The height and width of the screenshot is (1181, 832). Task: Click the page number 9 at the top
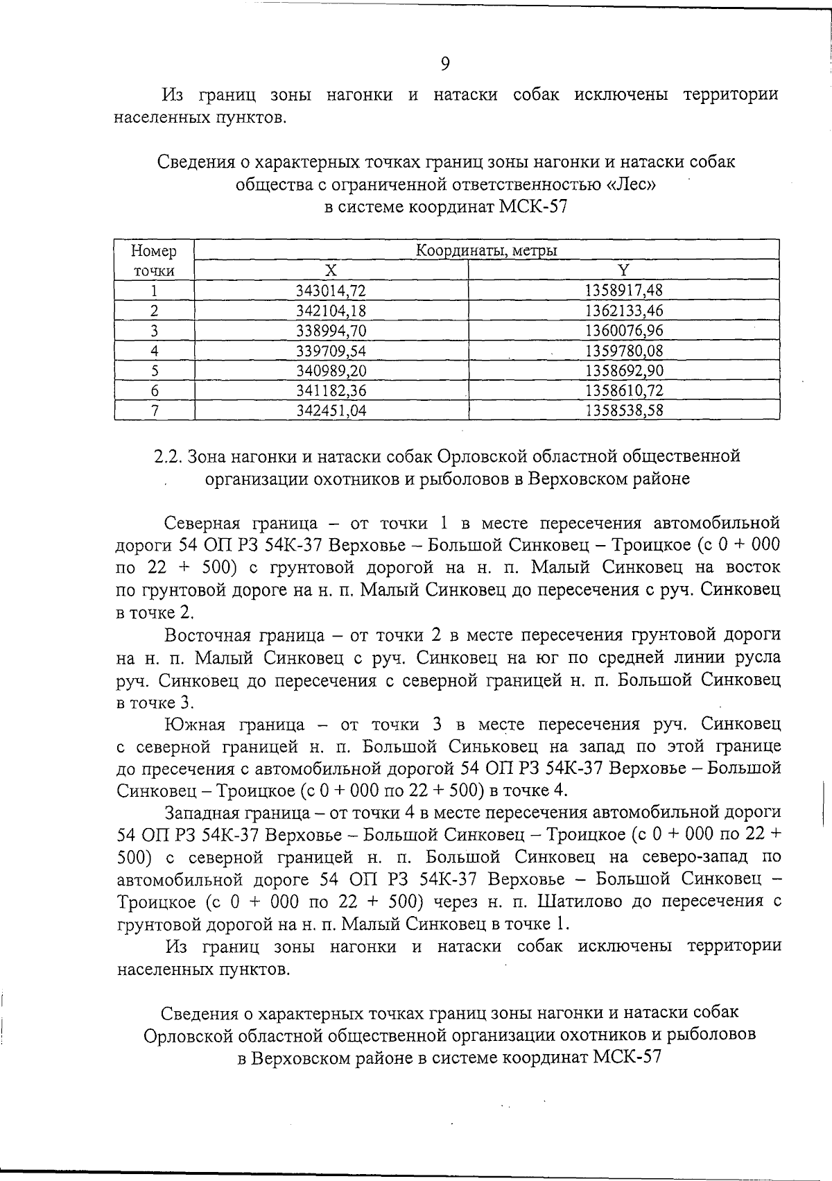(445, 64)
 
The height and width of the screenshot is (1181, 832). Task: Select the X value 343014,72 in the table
(331, 291)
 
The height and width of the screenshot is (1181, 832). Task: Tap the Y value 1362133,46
(624, 311)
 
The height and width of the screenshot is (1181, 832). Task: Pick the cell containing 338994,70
(331, 331)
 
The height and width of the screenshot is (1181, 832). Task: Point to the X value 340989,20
(331, 370)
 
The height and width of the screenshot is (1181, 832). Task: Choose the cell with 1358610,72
(624, 390)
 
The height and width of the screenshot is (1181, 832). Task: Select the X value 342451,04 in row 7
(331, 411)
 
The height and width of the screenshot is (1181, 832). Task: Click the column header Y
(624, 270)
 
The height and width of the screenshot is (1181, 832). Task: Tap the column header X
(331, 270)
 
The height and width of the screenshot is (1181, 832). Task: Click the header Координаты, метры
(486, 250)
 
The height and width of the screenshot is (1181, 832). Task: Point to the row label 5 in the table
(155, 370)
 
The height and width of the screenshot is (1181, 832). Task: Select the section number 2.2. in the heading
(168, 456)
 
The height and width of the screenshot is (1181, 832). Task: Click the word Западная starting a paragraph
(202, 812)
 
